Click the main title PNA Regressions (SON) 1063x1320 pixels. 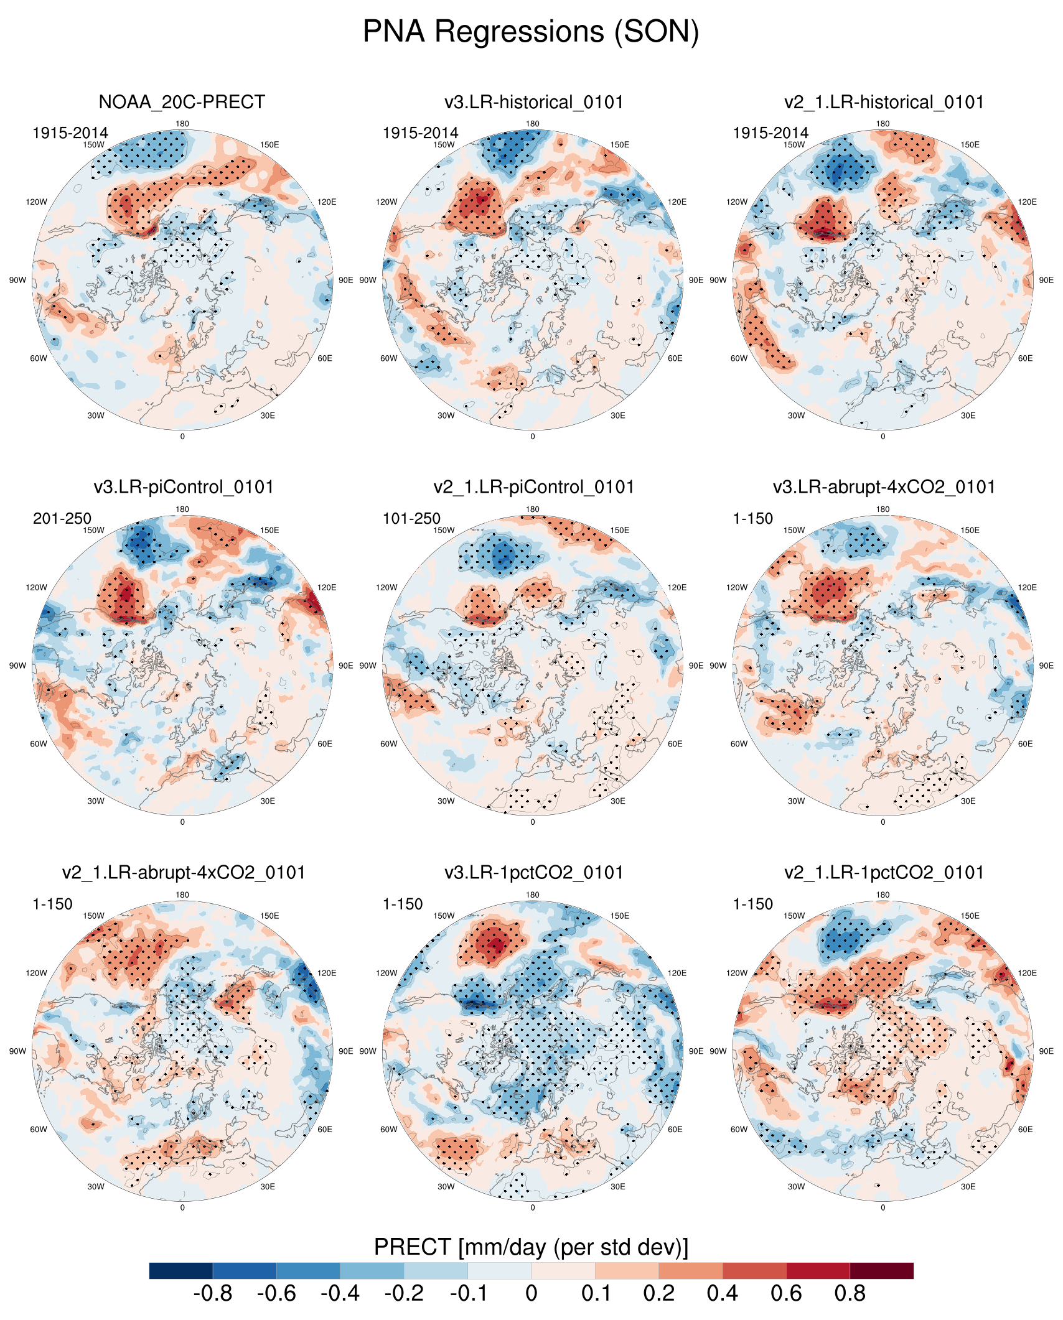[x=531, y=32]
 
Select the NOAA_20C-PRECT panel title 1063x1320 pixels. [x=182, y=102]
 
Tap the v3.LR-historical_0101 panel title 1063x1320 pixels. [x=533, y=102]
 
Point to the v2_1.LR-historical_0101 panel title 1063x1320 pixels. [x=884, y=102]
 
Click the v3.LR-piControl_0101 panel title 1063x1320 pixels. [x=184, y=487]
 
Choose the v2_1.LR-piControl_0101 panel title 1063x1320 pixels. [x=533, y=487]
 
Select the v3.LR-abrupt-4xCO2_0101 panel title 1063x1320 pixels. [x=884, y=487]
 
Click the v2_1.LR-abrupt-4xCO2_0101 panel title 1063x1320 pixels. [x=184, y=873]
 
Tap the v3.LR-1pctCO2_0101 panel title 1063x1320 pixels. [x=533, y=873]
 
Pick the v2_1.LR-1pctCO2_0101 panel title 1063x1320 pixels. [x=884, y=873]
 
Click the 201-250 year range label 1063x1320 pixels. [x=62, y=518]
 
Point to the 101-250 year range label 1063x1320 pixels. [x=411, y=518]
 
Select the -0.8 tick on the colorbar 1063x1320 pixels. [x=213, y=1294]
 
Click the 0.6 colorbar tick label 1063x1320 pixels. [x=786, y=1294]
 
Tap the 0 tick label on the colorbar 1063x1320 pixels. [x=531, y=1294]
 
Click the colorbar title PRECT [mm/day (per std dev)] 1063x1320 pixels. [x=531, y=1247]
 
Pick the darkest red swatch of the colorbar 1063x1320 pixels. [x=881, y=1270]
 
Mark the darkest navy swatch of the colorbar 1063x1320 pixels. [x=181, y=1270]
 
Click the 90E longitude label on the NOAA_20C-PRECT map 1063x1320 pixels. [x=345, y=281]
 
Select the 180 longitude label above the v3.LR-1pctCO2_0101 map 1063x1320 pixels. [x=533, y=895]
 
